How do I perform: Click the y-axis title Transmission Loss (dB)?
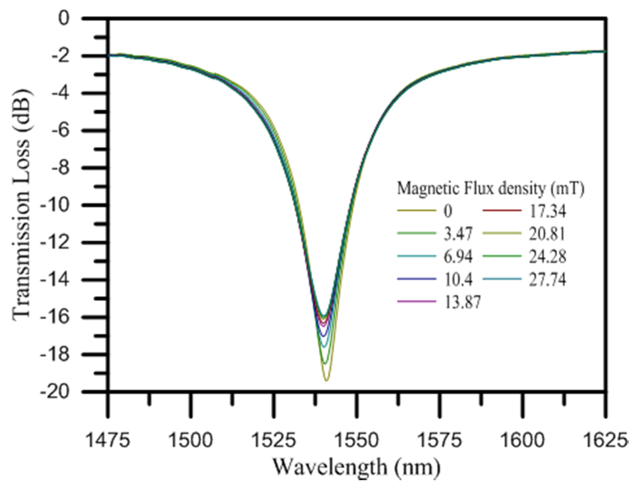click(x=21, y=205)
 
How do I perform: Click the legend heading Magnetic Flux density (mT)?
click(x=489, y=187)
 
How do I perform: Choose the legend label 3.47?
click(x=456, y=234)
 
